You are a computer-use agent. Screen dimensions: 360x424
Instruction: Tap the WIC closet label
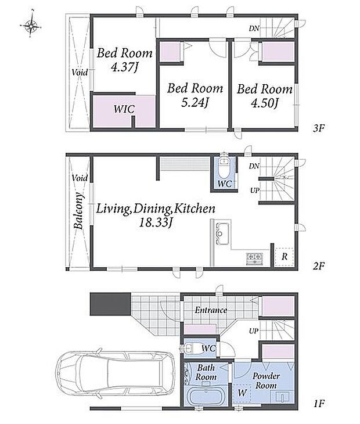pos(124,109)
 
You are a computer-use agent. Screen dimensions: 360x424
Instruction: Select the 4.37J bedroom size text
pos(125,67)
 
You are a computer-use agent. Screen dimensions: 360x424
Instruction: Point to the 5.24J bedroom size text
pos(195,103)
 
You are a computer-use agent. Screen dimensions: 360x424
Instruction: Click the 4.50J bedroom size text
pos(265,103)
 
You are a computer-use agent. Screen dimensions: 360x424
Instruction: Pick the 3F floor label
pos(318,128)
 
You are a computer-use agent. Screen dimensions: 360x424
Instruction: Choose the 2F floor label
pos(318,266)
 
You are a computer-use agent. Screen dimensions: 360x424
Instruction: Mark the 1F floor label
pos(319,404)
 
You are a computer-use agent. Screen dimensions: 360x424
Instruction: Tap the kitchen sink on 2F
pos(222,233)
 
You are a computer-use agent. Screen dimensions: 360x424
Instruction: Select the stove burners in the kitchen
pos(254,259)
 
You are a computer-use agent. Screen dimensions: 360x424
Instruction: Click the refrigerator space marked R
pos(284,257)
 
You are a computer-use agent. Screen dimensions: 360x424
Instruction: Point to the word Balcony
pos(78,211)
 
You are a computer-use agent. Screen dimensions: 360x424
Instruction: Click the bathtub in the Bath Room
pos(207,396)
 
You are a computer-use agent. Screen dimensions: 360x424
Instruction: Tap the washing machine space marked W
pos(242,393)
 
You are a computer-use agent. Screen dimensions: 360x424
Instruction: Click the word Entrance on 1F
pos(211,310)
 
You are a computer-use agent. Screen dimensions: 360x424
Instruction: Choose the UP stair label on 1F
pos(254,330)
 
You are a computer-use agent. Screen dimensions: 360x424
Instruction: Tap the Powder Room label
pos(266,380)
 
